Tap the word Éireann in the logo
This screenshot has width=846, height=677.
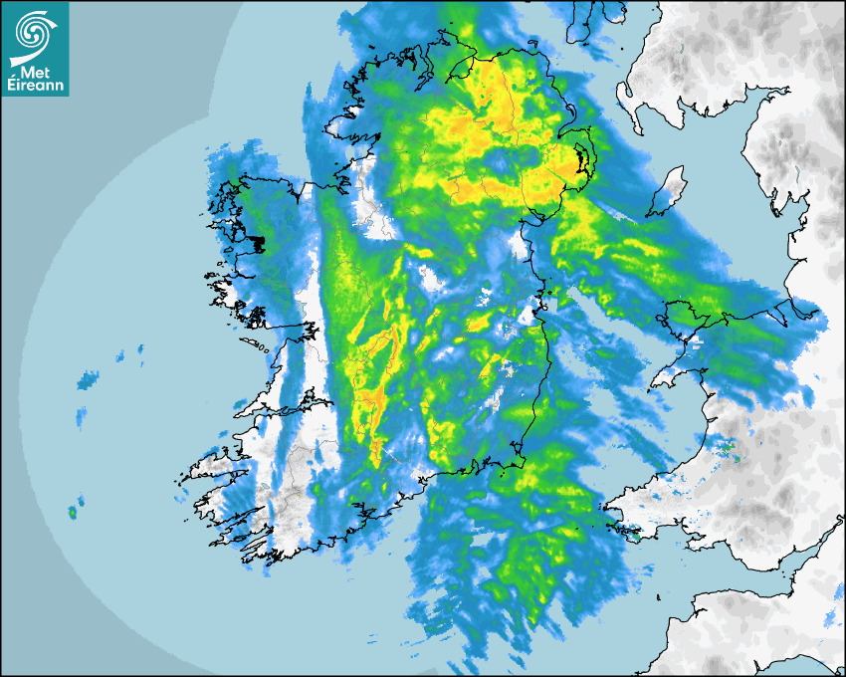point(36,87)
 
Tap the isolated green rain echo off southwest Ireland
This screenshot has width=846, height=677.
point(72,513)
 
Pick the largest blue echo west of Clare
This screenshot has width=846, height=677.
point(89,379)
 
